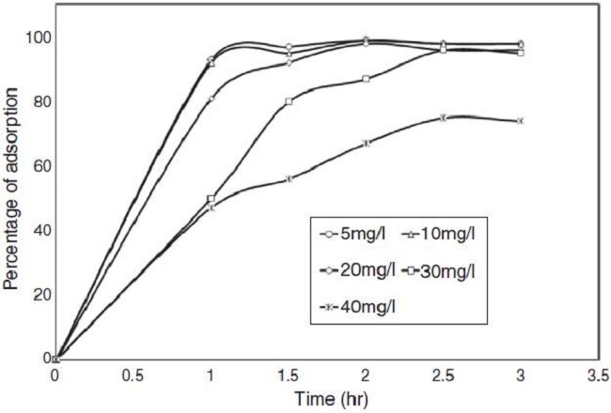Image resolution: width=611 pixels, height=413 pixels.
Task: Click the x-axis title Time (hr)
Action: (325, 397)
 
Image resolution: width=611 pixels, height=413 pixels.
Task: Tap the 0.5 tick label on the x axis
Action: (133, 375)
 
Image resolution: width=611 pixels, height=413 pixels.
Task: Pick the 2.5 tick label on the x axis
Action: (443, 375)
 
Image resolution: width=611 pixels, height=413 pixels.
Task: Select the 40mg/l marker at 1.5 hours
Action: (289, 178)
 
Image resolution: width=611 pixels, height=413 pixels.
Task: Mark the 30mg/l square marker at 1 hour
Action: (211, 199)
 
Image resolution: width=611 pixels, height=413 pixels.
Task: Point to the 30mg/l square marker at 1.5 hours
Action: (289, 101)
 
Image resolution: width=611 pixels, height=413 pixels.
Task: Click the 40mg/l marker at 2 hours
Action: (366, 143)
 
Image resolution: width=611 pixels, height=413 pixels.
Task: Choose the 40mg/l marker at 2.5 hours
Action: (443, 117)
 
